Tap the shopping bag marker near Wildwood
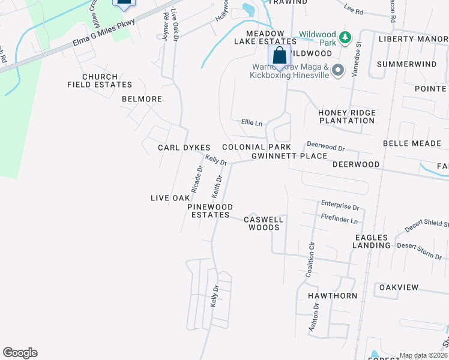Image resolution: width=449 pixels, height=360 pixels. tap(279, 57)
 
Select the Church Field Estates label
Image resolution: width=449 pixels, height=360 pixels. tap(100, 81)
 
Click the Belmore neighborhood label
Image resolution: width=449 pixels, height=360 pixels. tap(142, 99)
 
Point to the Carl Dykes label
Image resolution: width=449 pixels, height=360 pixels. tap(184, 148)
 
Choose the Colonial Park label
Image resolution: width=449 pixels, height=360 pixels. tap(256, 147)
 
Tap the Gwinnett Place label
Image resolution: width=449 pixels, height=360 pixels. tap(289, 156)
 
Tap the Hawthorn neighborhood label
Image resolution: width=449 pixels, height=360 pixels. tap(333, 296)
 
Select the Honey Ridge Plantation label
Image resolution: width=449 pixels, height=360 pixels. tap(347, 116)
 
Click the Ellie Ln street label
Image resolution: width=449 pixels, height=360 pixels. tap(252, 124)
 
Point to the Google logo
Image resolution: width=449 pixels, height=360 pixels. tap(20, 353)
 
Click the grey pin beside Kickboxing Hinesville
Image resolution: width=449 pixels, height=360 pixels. tap(338, 70)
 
